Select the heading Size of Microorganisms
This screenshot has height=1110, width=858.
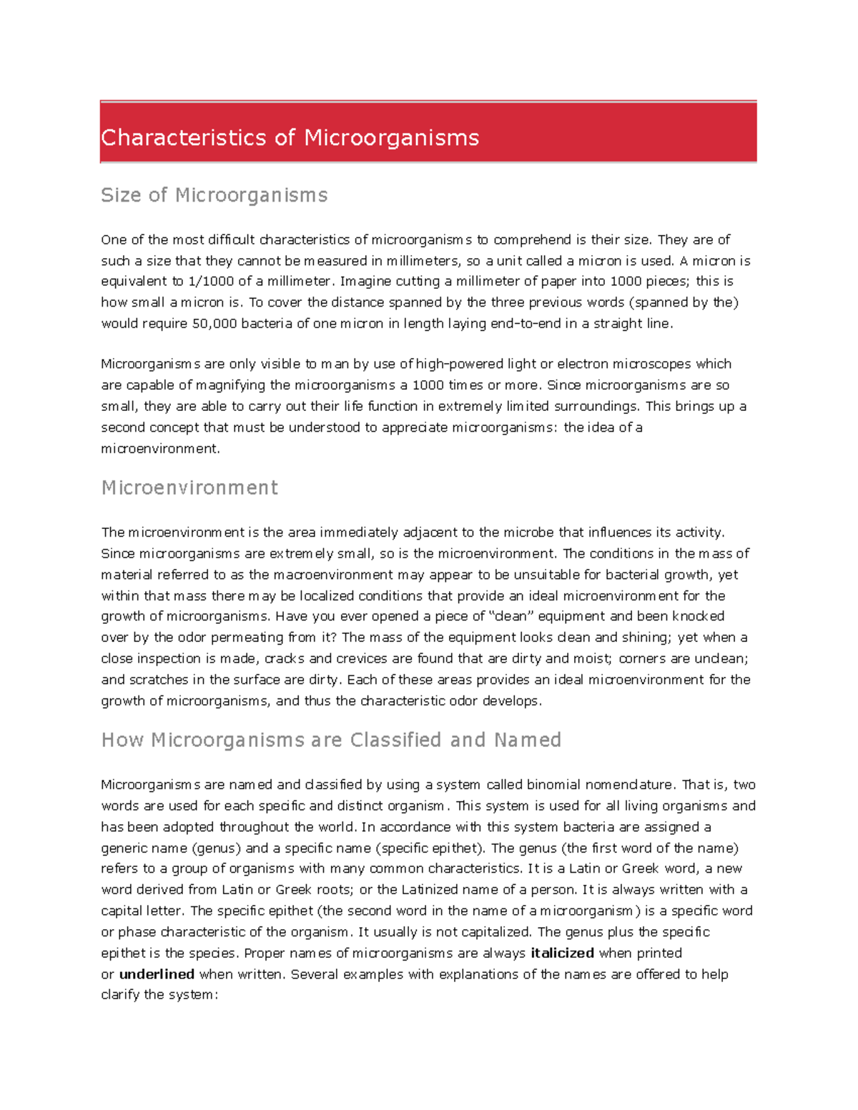coord(214,195)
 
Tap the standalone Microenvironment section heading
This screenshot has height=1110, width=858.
coord(189,487)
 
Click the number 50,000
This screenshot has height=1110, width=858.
coord(214,324)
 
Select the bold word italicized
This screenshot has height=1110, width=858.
coord(562,953)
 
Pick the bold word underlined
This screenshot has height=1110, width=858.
coord(157,974)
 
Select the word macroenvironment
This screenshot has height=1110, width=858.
coord(333,575)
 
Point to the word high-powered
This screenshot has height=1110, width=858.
coord(459,364)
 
